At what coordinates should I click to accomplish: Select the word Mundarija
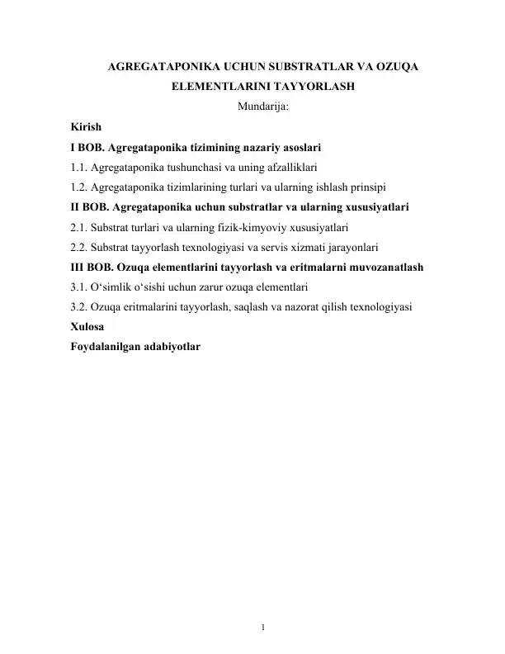[x=262, y=107]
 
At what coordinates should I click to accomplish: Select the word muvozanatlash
[x=385, y=267]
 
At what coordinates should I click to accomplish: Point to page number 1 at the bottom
[x=262, y=628]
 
